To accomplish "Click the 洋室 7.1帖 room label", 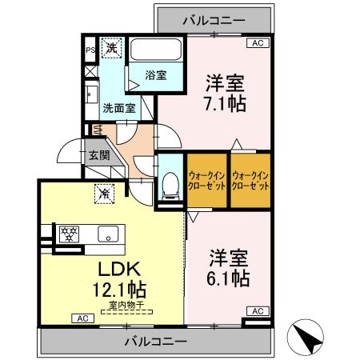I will click(224, 93).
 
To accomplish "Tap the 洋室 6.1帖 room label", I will click(229, 268).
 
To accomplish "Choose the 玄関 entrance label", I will click(99, 155).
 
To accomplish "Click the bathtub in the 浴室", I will click(155, 50).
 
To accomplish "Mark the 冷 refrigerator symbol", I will click(104, 192).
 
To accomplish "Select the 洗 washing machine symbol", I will click(111, 48).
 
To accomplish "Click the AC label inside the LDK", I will click(82, 318).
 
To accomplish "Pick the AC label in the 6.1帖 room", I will click(257, 310).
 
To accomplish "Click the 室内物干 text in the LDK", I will click(122, 304).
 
